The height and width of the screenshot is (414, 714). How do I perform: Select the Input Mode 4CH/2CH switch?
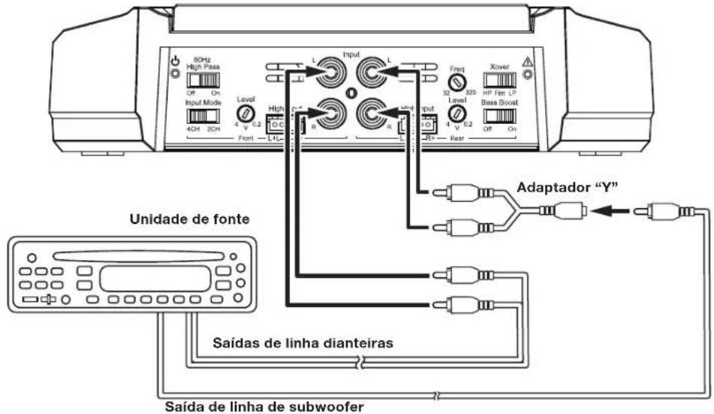coord(201,116)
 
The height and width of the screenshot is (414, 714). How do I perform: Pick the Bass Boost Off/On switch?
coord(499,116)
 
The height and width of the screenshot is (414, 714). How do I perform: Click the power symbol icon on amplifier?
coord(176,62)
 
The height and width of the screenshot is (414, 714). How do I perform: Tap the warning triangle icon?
coord(529,63)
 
